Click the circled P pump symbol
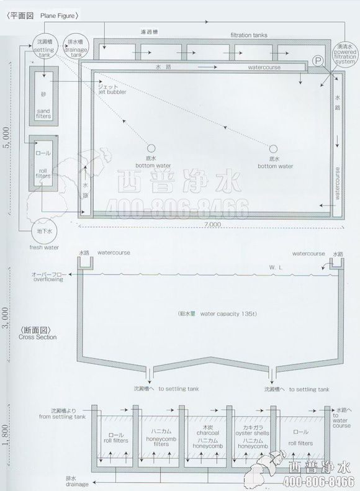[x=318, y=61]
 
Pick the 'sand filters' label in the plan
[x=43, y=109]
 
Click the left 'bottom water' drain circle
[x=151, y=148]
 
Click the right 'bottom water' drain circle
[x=272, y=148]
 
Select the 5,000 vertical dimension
[x=6, y=138]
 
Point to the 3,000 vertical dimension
[x=6, y=316]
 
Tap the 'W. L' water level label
[x=276, y=268]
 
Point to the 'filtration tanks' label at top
[x=249, y=35]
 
